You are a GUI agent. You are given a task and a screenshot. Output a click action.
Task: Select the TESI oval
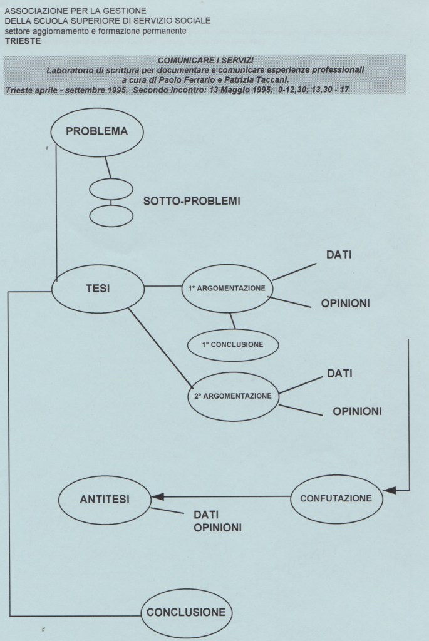pyautogui.click(x=97, y=289)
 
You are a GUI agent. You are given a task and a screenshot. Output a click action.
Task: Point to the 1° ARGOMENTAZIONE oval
pyautogui.click(x=229, y=289)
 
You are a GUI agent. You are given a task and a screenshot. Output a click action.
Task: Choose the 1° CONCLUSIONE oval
pyautogui.click(x=232, y=344)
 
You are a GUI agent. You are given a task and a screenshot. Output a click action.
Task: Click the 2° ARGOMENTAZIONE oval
pyautogui.click(x=232, y=396)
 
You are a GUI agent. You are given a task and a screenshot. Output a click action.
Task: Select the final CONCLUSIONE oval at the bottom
pyautogui.click(x=185, y=611)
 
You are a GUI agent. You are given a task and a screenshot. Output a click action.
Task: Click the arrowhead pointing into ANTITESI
pyautogui.click(x=157, y=497)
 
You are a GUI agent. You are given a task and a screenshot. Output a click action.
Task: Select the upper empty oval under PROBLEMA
pyautogui.click(x=111, y=189)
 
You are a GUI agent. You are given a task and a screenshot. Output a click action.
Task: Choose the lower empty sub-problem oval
pyautogui.click(x=111, y=215)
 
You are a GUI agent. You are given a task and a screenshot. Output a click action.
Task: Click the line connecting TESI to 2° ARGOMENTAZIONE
pyautogui.click(x=160, y=348)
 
